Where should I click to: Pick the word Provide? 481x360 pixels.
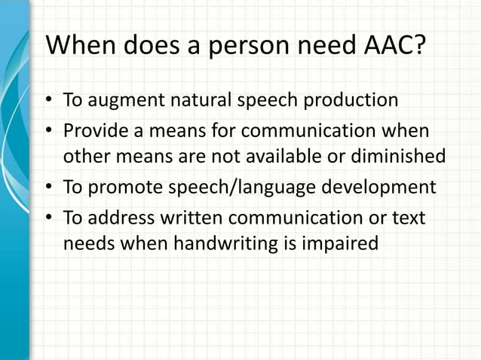[93, 131]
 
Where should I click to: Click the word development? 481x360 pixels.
[380, 188]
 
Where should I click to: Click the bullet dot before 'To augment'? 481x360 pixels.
[50, 101]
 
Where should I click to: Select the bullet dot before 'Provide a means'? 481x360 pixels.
[50, 131]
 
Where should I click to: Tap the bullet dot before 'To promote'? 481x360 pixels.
[50, 188]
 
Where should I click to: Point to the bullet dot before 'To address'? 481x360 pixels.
[50, 218]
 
